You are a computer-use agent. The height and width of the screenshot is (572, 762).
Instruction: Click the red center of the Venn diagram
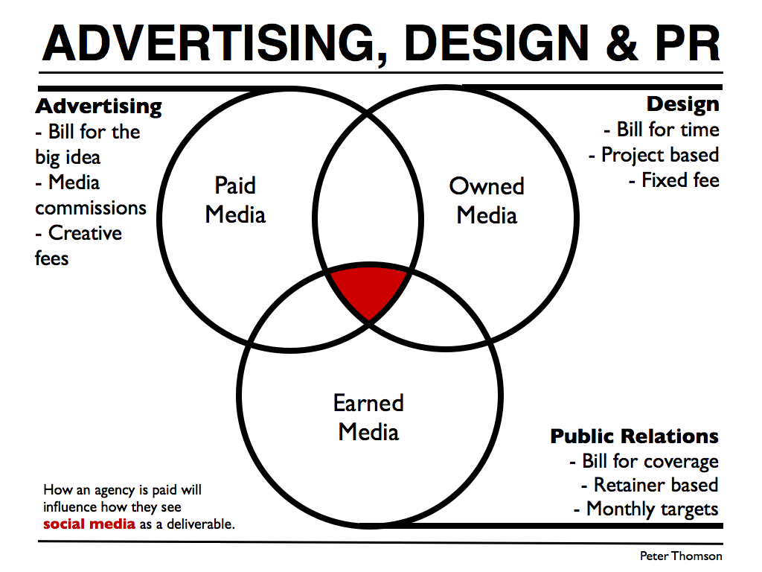click(x=369, y=290)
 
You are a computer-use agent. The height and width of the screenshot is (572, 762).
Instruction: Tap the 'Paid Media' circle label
click(x=235, y=200)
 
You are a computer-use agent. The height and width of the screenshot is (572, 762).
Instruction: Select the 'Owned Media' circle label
click(x=487, y=200)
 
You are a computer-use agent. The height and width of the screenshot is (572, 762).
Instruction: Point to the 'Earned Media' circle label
click(x=368, y=417)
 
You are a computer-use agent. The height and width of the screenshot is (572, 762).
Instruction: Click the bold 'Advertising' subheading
click(x=99, y=106)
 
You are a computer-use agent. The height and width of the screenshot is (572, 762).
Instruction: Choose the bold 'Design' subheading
click(x=682, y=104)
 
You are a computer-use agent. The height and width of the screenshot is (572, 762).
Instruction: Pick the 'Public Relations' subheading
click(x=634, y=436)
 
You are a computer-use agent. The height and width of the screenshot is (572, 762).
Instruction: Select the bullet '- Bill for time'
click(x=662, y=130)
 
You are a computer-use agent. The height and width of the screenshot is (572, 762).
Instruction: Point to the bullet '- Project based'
click(x=654, y=155)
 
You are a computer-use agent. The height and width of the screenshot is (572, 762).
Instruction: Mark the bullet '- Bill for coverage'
click(x=644, y=461)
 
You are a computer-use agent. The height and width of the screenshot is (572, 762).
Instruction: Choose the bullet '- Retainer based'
click(x=650, y=485)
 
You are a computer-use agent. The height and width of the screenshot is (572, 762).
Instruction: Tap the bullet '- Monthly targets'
click(x=646, y=509)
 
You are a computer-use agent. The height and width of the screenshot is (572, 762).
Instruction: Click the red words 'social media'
click(x=89, y=524)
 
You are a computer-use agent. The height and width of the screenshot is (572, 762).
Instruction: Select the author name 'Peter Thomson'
click(x=680, y=556)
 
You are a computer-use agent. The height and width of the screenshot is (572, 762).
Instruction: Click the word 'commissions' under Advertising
click(x=91, y=208)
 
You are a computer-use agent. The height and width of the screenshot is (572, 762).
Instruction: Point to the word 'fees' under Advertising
click(x=51, y=258)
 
